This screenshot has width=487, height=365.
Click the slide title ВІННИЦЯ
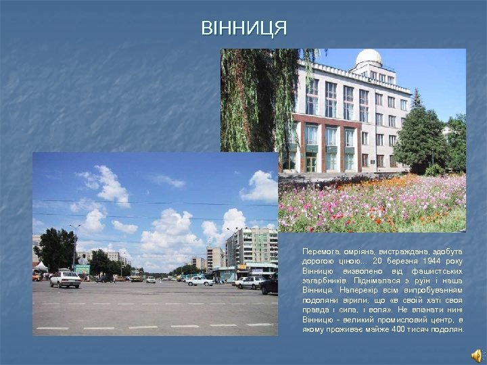[x=243, y=28]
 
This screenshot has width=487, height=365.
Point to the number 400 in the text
[x=398, y=329]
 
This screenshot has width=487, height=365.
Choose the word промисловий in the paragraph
[x=404, y=319]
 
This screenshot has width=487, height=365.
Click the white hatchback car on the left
[x=66, y=279]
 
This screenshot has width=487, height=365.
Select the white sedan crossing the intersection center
[x=200, y=281]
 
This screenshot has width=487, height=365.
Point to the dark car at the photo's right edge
[x=270, y=285]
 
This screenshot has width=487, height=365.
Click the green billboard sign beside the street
[x=82, y=269]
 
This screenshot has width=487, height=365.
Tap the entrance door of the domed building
[x=310, y=164]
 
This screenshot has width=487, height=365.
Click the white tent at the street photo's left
[x=41, y=266]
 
